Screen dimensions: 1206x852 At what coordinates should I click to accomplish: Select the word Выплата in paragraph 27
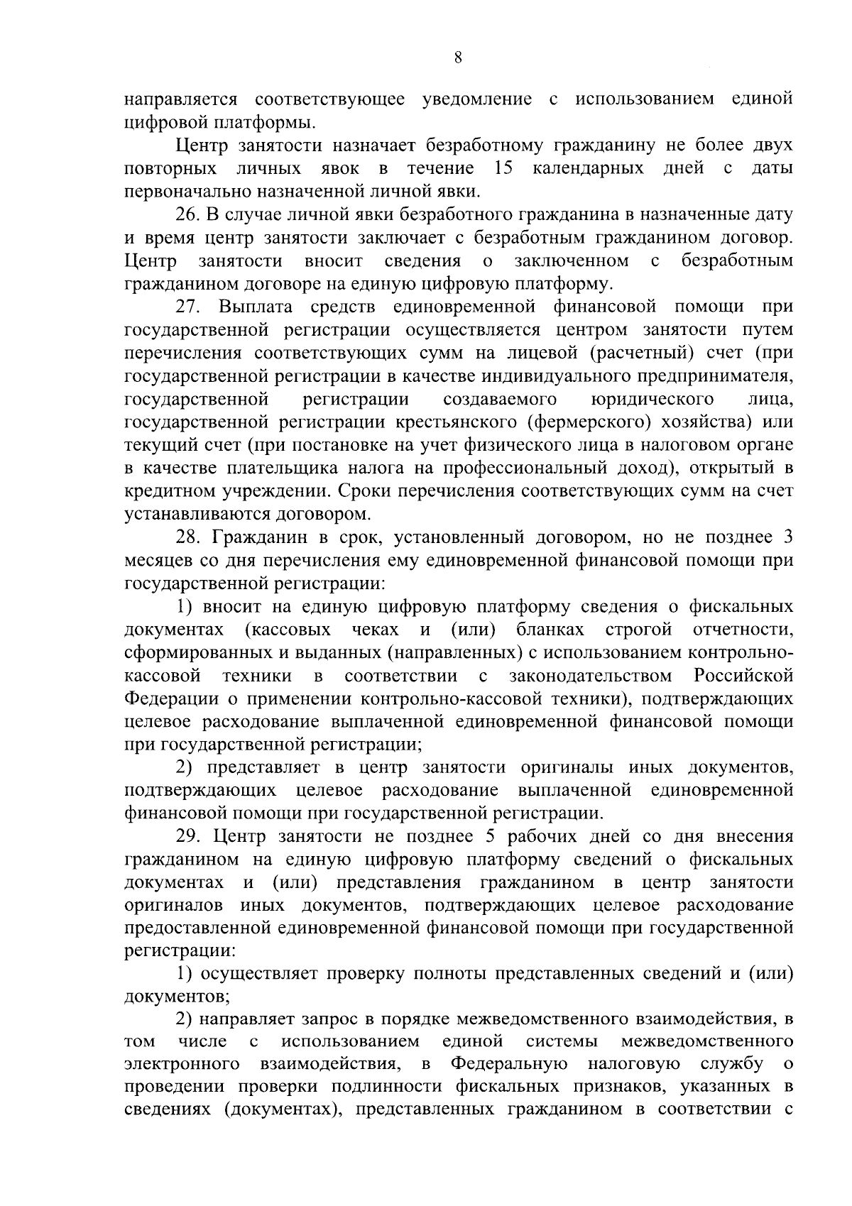point(258,307)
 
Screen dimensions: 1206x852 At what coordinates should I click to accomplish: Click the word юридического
point(652,399)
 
